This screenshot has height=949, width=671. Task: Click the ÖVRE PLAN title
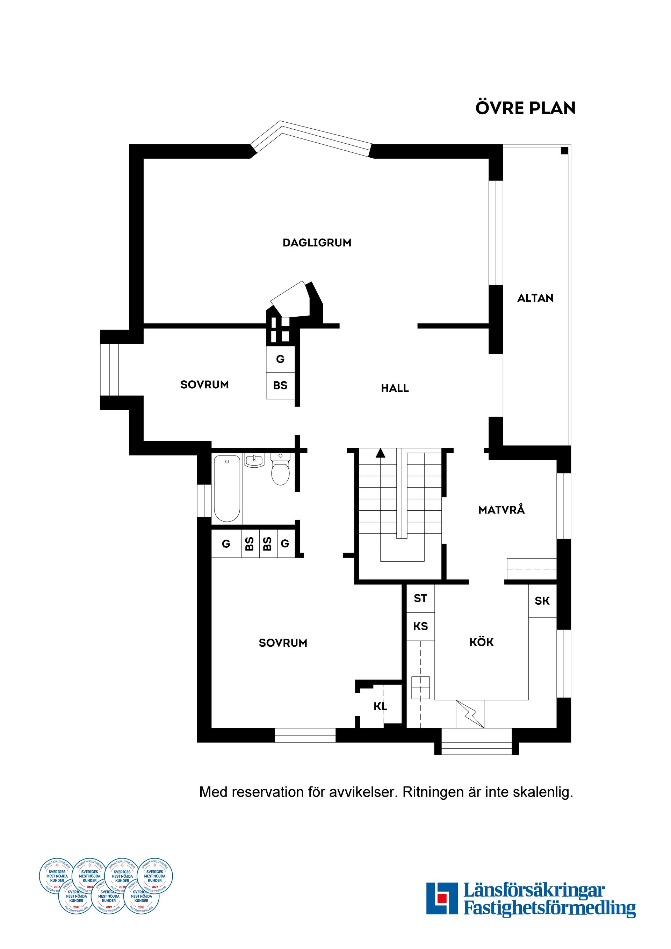[525, 108]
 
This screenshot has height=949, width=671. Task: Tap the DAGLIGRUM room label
[317, 243]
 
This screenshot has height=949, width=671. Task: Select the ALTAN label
[535, 298]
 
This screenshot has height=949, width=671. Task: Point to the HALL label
[395, 388]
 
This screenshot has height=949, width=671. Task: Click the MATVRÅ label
[501, 510]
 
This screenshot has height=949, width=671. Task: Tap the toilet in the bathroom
[280, 471]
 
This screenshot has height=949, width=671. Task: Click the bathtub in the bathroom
[227, 488]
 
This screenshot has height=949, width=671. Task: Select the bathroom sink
[254, 460]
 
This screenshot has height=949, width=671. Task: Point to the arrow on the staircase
[381, 453]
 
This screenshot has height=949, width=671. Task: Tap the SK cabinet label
[542, 601]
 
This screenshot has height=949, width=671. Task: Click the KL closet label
[380, 706]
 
